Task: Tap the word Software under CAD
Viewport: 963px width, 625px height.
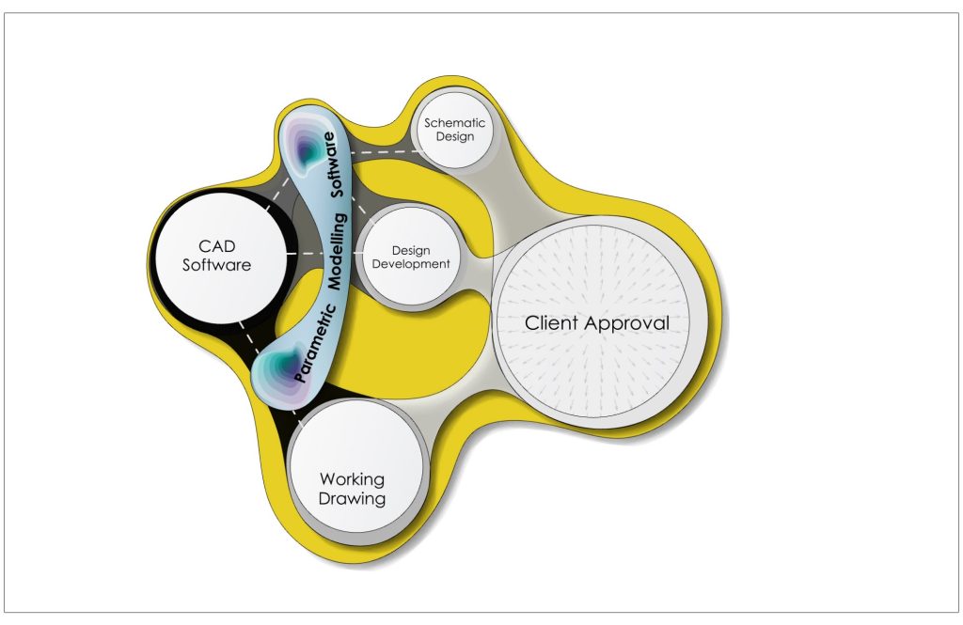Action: pos(216,265)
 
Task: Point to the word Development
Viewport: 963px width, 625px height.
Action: pos(411,264)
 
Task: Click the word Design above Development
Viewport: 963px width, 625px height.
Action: pos(411,251)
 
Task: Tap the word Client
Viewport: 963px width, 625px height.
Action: pos(552,323)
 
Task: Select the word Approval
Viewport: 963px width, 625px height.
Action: pos(628,324)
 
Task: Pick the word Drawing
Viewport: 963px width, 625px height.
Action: pos(352,498)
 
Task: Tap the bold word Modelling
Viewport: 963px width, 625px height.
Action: pos(339,252)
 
